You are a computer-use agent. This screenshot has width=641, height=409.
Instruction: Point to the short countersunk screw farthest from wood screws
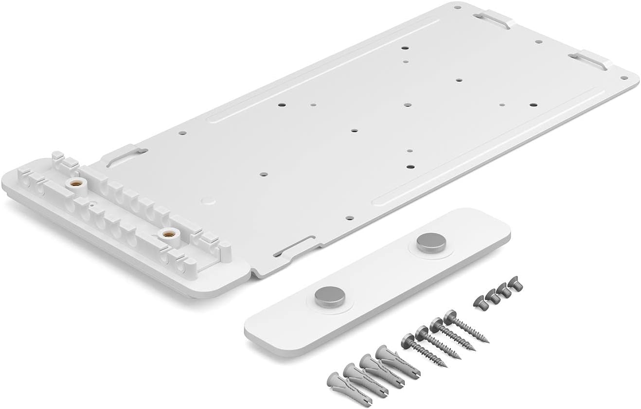click(512, 281)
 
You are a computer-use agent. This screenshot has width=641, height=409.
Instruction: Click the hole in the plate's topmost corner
click(458, 7)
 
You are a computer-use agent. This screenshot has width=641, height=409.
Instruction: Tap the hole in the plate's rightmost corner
click(623, 77)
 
